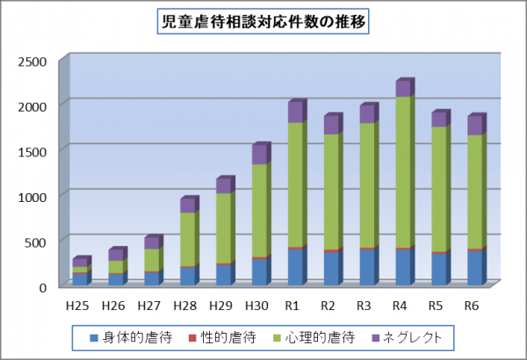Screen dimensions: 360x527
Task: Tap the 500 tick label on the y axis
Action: coord(38,241)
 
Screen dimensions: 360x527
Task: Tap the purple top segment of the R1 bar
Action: coord(295,112)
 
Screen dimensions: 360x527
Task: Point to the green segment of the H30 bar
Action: coord(259,211)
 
